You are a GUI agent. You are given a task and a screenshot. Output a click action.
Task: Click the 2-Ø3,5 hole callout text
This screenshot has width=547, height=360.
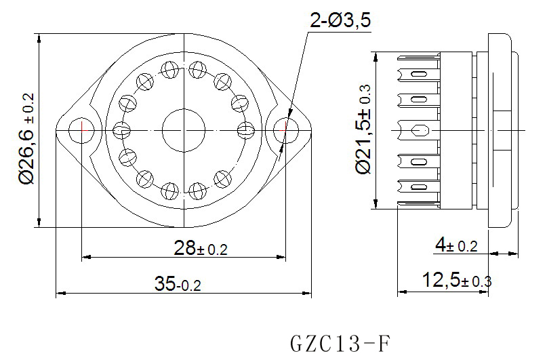point(340,20)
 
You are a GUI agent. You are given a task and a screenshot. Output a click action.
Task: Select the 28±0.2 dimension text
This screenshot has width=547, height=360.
point(201,248)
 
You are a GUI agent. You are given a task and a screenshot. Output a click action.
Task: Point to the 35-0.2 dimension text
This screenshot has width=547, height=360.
point(178,283)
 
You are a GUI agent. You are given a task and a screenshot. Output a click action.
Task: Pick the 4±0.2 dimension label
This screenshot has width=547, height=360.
point(456,245)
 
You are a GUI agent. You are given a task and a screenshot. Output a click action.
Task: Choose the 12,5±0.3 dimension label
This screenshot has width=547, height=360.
point(457,280)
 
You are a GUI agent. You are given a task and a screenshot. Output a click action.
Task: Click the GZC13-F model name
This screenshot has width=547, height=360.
point(340,343)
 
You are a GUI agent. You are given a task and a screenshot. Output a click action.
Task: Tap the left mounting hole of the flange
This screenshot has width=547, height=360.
point(81,130)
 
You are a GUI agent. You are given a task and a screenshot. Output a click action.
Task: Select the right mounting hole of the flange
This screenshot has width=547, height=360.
point(286,130)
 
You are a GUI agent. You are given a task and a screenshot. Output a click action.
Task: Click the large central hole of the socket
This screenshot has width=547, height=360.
point(184,130)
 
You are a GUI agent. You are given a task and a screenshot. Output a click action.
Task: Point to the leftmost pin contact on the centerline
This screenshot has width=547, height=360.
point(122,130)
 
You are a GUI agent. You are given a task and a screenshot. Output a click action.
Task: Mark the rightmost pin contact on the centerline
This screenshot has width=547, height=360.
point(245,130)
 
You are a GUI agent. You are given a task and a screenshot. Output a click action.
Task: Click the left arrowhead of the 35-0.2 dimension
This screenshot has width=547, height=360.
point(61,294)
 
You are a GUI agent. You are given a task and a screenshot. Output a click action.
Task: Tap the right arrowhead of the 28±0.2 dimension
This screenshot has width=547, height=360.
point(281,258)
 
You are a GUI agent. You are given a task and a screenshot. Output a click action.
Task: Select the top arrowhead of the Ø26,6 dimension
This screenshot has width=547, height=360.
point(39,39)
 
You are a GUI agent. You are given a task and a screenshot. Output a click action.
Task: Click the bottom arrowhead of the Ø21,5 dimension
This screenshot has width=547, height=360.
point(376,204)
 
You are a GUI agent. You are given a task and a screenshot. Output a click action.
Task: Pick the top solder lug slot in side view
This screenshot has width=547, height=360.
point(418,74)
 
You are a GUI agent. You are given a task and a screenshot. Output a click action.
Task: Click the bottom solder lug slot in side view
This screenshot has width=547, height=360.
point(418,186)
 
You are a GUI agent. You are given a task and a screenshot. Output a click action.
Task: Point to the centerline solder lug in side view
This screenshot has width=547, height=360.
point(418,130)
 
